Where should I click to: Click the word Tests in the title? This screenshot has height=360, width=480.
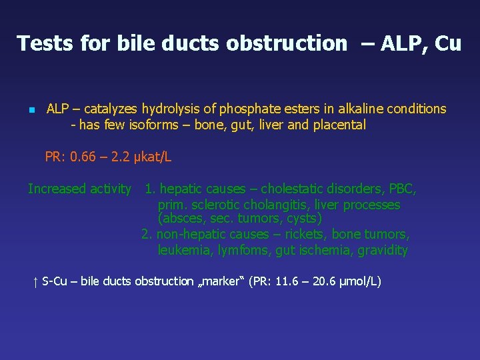tap(45, 43)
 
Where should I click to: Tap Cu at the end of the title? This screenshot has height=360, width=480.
tap(447, 43)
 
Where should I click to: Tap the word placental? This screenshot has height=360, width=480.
tap(339, 125)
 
